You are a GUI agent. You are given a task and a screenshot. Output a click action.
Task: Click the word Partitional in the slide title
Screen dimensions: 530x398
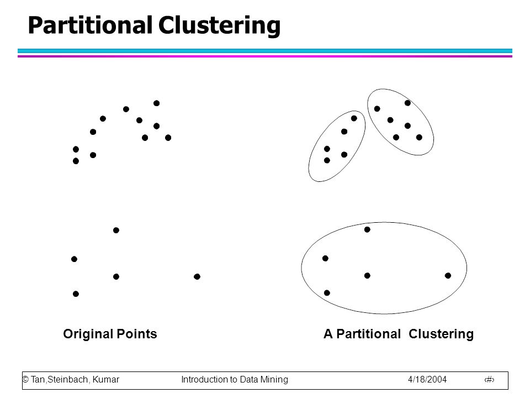[90, 25]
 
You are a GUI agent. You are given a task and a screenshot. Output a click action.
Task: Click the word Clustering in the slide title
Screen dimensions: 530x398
[219, 26]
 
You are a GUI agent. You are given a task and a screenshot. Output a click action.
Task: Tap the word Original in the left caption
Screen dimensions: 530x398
[88, 334]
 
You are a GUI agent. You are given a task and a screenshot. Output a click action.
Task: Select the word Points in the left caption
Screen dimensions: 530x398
[137, 334]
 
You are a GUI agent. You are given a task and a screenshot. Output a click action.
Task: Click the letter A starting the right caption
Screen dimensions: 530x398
[328, 334]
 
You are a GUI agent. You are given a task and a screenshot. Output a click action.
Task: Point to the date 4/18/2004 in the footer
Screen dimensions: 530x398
[427, 379]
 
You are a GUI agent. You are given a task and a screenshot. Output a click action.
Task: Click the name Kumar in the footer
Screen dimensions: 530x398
[106, 379]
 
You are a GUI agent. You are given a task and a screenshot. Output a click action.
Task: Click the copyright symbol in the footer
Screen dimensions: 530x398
[25, 379]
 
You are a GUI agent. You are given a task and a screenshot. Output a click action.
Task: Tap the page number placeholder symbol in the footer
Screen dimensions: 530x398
[490, 380]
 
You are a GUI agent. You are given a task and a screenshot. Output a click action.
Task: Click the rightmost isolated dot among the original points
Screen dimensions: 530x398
[197, 276]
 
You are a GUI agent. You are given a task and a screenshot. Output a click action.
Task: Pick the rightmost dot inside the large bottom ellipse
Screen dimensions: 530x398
[448, 275]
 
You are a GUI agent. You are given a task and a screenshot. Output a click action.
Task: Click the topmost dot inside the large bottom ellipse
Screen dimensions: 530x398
[367, 229]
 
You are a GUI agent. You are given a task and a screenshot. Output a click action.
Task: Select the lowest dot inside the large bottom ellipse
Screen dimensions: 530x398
[327, 293]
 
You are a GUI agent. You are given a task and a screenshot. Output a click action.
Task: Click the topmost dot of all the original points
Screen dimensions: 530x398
[156, 103]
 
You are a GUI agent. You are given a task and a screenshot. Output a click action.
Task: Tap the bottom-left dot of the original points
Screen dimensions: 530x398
[76, 294]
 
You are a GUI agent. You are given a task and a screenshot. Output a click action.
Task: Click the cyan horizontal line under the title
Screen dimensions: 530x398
[265, 51]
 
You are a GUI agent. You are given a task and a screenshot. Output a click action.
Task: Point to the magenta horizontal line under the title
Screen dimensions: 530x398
[265, 56]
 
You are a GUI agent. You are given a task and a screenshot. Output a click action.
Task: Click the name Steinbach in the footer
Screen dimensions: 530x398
[68, 379]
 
